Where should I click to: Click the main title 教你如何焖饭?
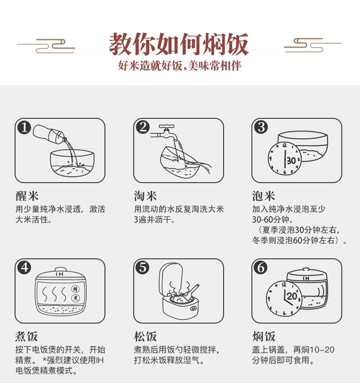[x=179, y=45]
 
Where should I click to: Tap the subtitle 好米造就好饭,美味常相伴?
[x=180, y=66]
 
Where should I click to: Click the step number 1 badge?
[x=24, y=128]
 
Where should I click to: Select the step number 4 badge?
[x=24, y=268]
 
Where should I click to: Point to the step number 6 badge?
[x=261, y=268]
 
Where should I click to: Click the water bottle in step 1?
[x=49, y=134]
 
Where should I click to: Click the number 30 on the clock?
[x=291, y=161]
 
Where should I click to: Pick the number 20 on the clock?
[x=292, y=296]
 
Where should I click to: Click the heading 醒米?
[x=27, y=196]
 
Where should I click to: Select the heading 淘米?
[x=145, y=196]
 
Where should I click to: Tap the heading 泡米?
[x=264, y=196]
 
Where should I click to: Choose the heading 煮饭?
[x=26, y=336]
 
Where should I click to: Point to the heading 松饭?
[x=145, y=336]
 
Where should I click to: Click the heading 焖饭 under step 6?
[x=264, y=336]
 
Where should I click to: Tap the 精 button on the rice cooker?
[x=75, y=289]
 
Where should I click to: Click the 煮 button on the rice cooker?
[x=75, y=298]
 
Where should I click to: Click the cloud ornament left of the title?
[x=46, y=46]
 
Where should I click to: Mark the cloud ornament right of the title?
[x=312, y=45]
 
